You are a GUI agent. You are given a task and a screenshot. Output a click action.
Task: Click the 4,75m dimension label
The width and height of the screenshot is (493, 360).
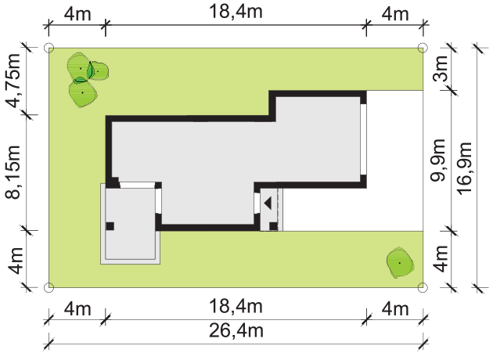coord(14,81)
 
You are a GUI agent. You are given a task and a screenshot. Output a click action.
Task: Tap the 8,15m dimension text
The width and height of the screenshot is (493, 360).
coord(14,172)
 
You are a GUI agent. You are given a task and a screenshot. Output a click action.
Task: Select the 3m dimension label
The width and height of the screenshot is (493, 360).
coord(440,68)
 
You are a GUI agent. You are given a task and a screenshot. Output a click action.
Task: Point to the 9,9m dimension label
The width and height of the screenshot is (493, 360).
coord(438,160)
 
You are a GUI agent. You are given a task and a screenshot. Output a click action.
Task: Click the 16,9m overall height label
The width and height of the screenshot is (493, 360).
coord(465,168)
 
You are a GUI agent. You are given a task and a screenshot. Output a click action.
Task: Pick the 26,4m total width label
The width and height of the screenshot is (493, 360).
coord(236,331)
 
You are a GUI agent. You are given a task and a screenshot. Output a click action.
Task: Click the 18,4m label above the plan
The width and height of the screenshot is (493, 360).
coord(236,12)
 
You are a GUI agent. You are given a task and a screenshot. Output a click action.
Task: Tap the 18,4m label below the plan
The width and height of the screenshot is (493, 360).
coord(236,307)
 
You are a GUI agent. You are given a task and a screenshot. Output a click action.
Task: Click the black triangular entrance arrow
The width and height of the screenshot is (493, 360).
coord(268,203)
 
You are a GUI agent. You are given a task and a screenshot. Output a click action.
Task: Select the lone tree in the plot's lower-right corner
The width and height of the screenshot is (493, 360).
coord(400,263)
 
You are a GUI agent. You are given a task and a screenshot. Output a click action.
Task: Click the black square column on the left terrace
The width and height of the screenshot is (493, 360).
coord(110,226)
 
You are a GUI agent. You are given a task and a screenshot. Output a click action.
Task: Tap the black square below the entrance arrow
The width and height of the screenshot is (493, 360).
coord(273,225)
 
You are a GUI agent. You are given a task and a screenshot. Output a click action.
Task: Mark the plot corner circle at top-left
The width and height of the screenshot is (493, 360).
coord(49,48)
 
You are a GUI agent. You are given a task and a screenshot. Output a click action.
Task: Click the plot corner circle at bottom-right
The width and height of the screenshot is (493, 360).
coord(423,287)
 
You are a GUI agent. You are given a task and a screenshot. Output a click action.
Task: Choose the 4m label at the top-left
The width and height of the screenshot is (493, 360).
coord(77,14)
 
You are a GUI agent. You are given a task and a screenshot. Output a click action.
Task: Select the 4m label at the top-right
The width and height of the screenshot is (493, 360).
coord(395,14)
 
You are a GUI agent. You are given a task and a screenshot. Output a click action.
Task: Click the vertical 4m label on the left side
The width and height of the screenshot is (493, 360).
coord(15,261)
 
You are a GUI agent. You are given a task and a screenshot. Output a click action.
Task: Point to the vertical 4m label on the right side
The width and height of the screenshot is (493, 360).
coord(440,258)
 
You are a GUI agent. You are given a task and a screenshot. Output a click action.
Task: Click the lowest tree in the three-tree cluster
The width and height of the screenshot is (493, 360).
coord(83,94)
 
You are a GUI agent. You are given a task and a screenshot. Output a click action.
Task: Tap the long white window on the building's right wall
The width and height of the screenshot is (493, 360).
coord(363,139)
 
